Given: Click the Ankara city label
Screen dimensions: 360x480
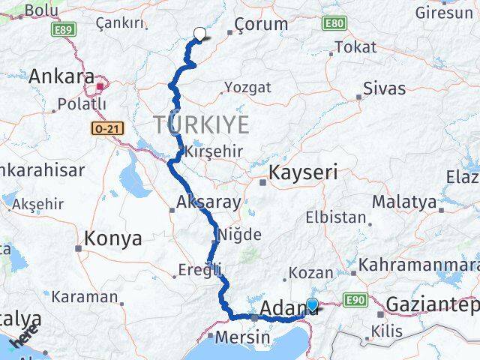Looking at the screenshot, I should click(x=61, y=77).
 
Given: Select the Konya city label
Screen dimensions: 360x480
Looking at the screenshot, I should click(x=113, y=238).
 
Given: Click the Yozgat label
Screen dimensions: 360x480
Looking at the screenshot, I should click(x=247, y=87).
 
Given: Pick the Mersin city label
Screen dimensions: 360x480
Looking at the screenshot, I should click(x=241, y=337).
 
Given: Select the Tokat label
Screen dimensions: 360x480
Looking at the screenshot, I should click(x=355, y=47).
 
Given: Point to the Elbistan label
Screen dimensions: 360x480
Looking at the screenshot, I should click(x=334, y=218).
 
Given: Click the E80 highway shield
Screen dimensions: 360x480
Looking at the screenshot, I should click(x=334, y=23).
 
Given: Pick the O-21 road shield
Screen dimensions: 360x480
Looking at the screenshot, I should click(x=103, y=128).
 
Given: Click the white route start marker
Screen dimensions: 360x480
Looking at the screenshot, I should click(x=199, y=33).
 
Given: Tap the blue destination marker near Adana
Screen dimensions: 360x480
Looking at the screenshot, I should click(x=312, y=304).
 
